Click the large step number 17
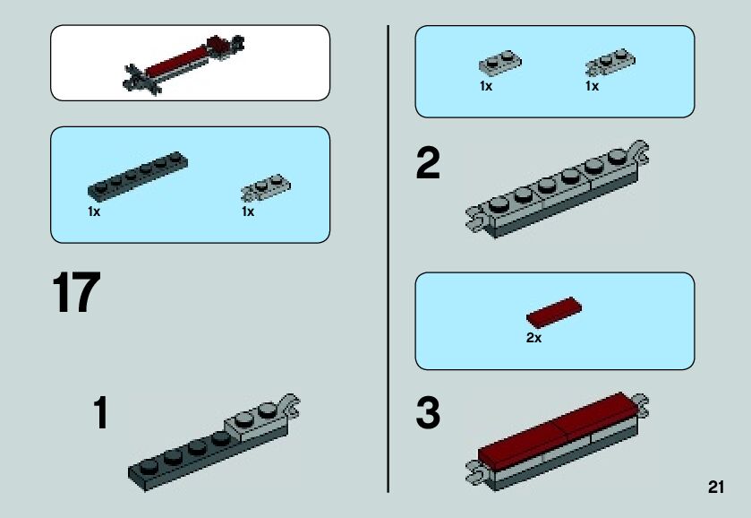pyautogui.click(x=76, y=294)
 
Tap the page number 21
pyautogui.click(x=714, y=488)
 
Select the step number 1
pyautogui.click(x=101, y=413)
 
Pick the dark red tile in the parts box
pyautogui.click(x=554, y=313)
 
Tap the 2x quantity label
pyautogui.click(x=533, y=339)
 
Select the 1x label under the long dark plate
pyautogui.click(x=94, y=212)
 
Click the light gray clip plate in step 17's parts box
pyautogui.click(x=266, y=187)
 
